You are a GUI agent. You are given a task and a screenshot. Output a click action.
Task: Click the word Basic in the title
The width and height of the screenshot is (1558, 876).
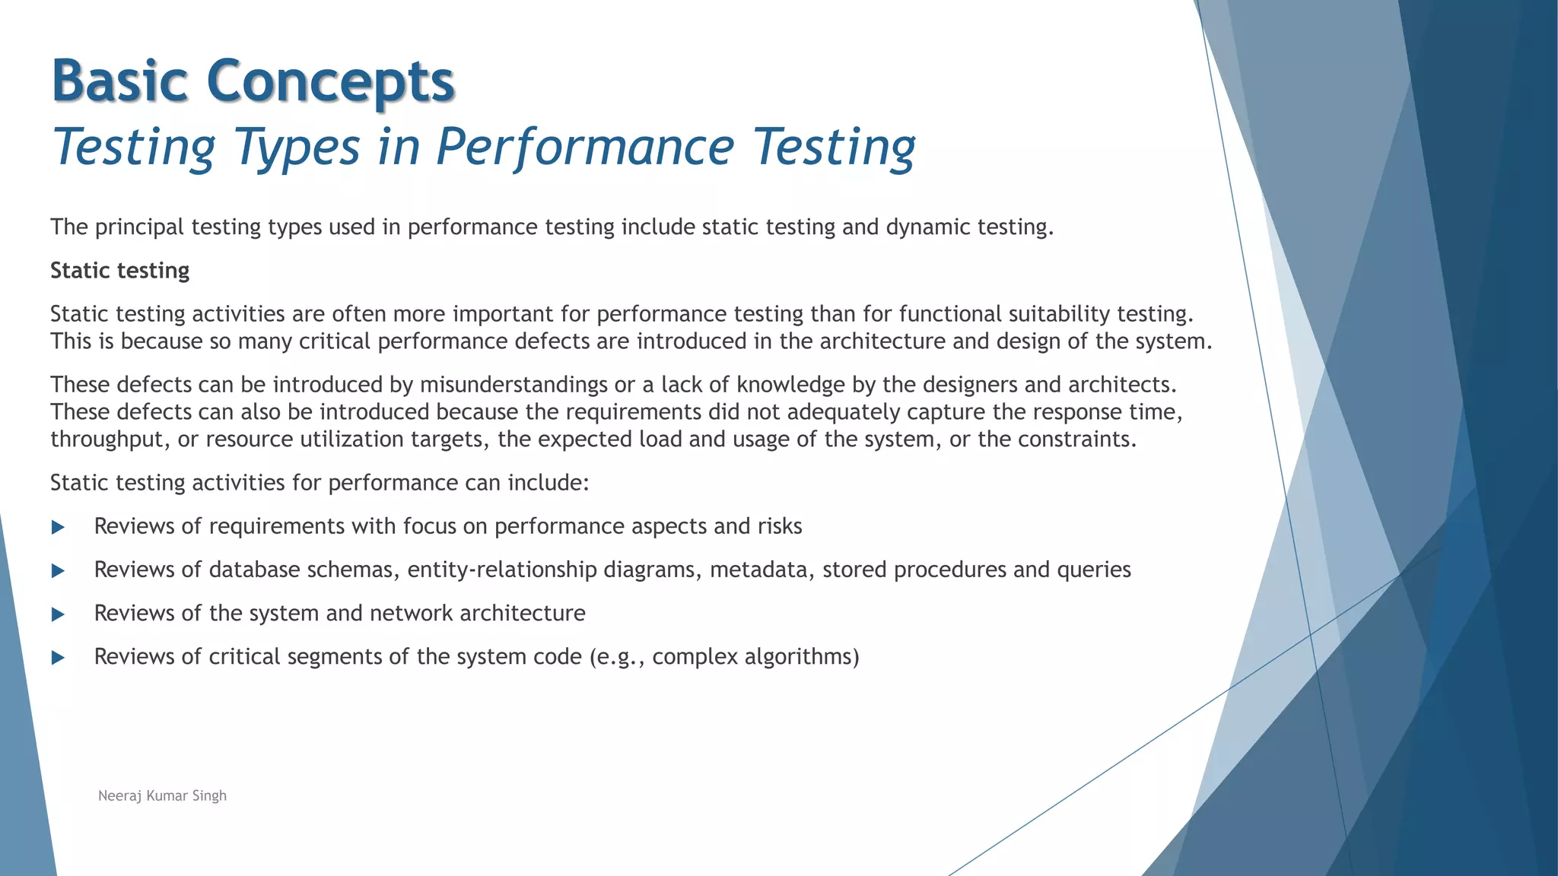pyautogui.click(x=119, y=81)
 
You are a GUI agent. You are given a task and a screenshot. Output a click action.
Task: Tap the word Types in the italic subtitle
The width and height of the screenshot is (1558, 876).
pyautogui.click(x=297, y=147)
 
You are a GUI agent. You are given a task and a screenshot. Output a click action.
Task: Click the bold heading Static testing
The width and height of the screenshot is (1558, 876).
pyautogui.click(x=119, y=271)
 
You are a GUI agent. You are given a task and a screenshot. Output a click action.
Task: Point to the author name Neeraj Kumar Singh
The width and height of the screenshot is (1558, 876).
pyautogui.click(x=162, y=795)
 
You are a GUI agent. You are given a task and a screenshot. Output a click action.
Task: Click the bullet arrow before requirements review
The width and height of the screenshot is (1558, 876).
pyautogui.click(x=58, y=527)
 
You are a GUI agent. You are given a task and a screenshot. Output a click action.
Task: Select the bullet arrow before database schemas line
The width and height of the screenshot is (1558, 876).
pyautogui.click(x=58, y=570)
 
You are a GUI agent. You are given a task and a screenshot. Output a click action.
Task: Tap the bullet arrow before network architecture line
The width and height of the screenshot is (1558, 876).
pyautogui.click(x=58, y=614)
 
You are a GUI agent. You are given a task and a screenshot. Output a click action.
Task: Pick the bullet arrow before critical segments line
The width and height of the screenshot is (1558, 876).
pyautogui.click(x=58, y=657)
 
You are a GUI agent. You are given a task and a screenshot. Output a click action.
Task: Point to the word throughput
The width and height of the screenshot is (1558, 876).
pyautogui.click(x=110, y=440)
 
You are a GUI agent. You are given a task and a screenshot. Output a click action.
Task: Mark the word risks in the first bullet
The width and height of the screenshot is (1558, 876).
pyautogui.click(x=779, y=526)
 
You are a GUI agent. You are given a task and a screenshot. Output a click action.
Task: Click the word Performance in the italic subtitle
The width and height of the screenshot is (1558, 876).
pyautogui.click(x=585, y=147)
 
